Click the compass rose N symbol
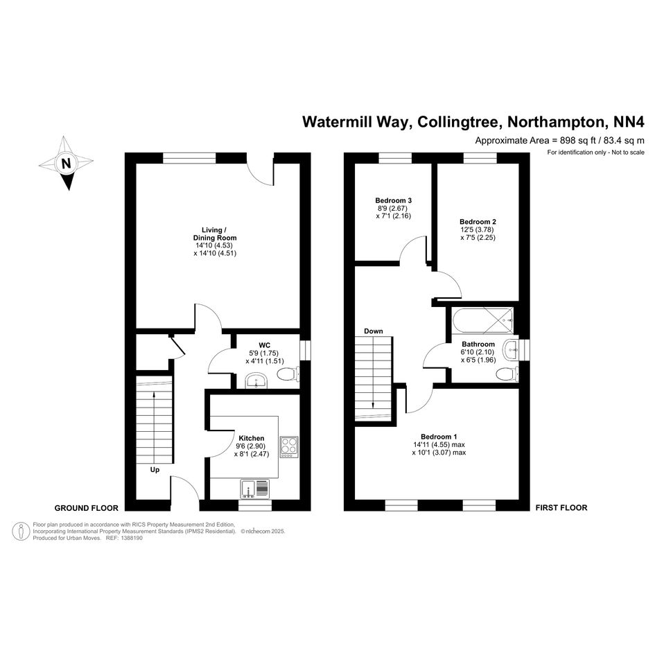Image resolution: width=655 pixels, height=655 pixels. pyautogui.click(x=66, y=164)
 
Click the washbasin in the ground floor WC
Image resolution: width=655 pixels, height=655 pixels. pyautogui.click(x=256, y=379)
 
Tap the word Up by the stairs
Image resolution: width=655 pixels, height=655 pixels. pyautogui.click(x=155, y=470)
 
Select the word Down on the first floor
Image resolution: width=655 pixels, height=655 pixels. pyautogui.click(x=373, y=331)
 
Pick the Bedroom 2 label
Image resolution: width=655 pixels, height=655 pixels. pyautogui.click(x=478, y=222)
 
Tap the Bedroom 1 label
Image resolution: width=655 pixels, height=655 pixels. pyautogui.click(x=438, y=436)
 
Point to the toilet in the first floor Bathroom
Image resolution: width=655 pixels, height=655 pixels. pyautogui.click(x=507, y=374)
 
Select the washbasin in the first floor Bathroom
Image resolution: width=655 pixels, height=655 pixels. pyautogui.click(x=512, y=349)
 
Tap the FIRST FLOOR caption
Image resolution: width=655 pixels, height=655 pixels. pyautogui.click(x=561, y=508)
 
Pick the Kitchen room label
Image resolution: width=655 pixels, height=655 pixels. pyautogui.click(x=251, y=439)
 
